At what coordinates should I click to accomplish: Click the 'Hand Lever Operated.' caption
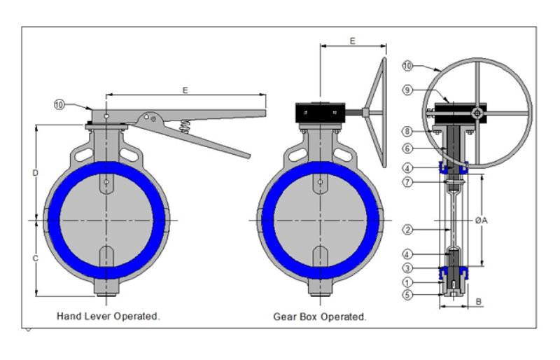(108, 317)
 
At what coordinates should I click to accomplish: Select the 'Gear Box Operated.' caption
(319, 317)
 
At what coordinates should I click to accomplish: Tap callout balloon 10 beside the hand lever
(59, 104)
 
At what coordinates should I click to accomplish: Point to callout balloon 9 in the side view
(407, 90)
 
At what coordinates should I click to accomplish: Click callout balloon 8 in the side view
(407, 131)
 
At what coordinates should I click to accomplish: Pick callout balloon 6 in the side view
(407, 148)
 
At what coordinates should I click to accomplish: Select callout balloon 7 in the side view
(407, 183)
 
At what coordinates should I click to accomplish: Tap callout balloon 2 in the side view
(407, 230)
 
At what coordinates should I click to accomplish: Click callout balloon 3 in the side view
(407, 268)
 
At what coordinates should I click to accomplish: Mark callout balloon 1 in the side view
(407, 282)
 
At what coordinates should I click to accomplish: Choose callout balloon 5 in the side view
(407, 295)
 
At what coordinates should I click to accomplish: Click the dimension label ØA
(481, 220)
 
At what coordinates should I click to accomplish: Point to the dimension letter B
(479, 301)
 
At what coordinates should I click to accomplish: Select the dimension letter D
(35, 172)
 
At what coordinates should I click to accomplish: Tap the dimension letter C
(35, 258)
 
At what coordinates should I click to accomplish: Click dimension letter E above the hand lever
(185, 90)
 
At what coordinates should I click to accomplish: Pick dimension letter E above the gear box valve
(351, 41)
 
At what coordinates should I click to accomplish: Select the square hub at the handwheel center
(477, 113)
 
